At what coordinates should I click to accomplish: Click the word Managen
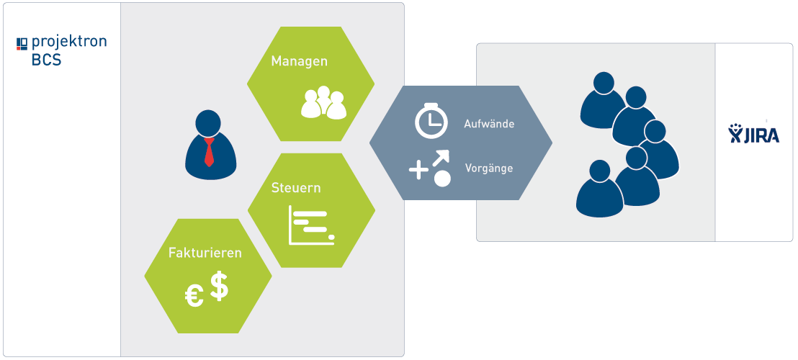tap(299, 62)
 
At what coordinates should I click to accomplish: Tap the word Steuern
tap(296, 188)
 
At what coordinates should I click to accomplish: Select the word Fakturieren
tap(205, 253)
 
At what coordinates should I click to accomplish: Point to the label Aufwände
tap(489, 123)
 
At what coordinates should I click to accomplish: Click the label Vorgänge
tap(488, 168)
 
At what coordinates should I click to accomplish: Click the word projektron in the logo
tap(68, 42)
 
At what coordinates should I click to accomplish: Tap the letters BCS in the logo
tap(46, 60)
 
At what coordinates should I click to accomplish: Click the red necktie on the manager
tap(209, 152)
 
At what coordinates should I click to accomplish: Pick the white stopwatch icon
tap(431, 120)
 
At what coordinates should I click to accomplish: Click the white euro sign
tap(194, 296)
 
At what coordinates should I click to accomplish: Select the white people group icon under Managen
tap(323, 102)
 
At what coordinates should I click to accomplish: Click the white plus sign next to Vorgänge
tap(419, 170)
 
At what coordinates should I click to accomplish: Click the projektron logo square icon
tap(22, 43)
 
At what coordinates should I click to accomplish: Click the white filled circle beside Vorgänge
tap(442, 179)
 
